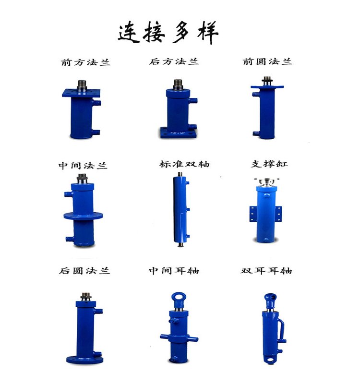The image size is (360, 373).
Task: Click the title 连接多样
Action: [x=168, y=32]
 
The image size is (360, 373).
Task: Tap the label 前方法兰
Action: [x=85, y=62]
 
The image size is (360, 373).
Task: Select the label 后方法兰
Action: [x=174, y=61]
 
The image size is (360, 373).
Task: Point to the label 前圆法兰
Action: [x=267, y=61]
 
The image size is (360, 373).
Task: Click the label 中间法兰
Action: [x=83, y=166]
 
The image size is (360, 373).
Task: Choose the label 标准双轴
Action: [x=184, y=164]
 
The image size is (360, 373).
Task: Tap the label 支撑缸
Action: [x=269, y=164]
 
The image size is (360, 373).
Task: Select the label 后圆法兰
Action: [x=84, y=271]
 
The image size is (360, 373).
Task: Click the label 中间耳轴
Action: [x=174, y=271]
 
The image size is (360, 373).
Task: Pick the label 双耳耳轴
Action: [x=266, y=271]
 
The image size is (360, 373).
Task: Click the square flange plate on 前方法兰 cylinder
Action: [x=81, y=93]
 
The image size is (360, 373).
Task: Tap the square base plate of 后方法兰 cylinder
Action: [x=178, y=133]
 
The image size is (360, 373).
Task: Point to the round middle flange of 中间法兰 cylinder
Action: [x=83, y=216]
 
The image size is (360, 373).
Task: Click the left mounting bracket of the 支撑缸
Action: [x=253, y=214]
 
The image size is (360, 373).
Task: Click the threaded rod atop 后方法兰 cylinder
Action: [x=178, y=84]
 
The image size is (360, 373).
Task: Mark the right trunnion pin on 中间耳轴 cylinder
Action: [x=193, y=339]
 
